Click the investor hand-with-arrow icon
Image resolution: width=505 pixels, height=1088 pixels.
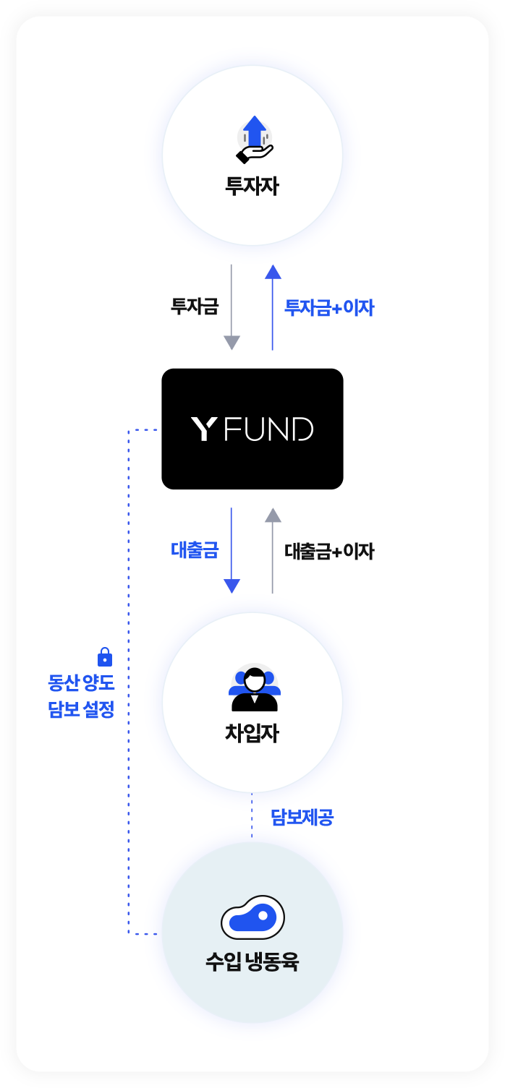[x=254, y=139]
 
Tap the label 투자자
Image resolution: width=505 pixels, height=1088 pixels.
[x=252, y=186]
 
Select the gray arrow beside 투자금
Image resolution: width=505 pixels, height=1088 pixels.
[x=232, y=307]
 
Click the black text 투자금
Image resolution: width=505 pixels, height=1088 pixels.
[x=195, y=307]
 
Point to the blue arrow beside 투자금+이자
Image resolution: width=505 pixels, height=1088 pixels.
[x=273, y=307]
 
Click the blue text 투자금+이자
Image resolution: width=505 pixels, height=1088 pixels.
[x=329, y=307]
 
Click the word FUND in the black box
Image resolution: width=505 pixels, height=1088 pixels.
[x=268, y=429]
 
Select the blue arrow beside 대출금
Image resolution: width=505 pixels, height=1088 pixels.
[x=232, y=550]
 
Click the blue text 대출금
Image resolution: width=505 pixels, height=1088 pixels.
[x=195, y=550]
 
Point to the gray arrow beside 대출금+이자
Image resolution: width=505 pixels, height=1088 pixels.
[x=273, y=550]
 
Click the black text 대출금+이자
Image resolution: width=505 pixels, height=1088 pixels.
[x=329, y=552]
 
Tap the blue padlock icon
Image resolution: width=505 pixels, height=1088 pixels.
[x=105, y=656]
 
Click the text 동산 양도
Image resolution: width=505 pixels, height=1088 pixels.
[x=81, y=683]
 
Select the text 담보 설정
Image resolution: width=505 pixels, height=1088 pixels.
[x=81, y=709]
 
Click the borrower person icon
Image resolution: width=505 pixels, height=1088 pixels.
[x=254, y=688]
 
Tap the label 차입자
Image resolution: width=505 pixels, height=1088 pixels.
[x=252, y=733]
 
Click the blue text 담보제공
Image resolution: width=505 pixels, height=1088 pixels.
[x=302, y=817]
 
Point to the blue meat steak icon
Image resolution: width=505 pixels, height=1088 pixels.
[x=252, y=917]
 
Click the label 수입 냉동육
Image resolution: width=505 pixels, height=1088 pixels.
[x=252, y=961]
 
